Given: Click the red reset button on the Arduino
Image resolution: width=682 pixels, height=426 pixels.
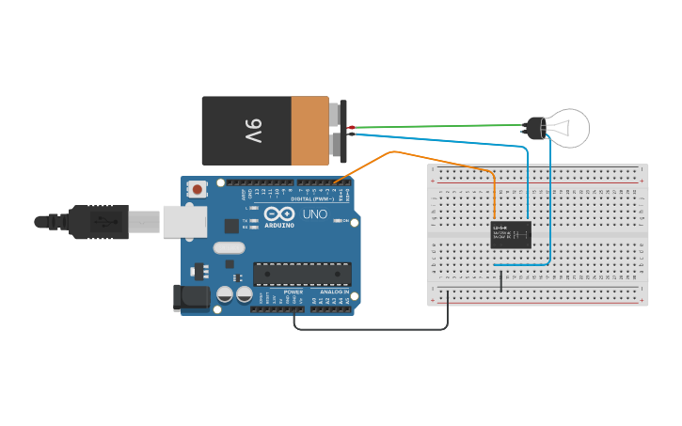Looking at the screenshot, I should point(198,189).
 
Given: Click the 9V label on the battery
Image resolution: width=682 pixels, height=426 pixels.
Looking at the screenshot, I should point(253,130).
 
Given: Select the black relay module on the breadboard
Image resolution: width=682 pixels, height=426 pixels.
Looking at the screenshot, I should point(511,234).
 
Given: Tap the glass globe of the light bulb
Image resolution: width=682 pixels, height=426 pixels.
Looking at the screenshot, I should point(569,127).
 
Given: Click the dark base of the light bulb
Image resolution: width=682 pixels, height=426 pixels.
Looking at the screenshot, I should point(534,128).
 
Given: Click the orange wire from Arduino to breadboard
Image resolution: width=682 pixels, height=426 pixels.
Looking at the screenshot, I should point(395,152).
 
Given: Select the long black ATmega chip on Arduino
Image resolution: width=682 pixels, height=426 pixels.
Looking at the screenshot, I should point(302,274).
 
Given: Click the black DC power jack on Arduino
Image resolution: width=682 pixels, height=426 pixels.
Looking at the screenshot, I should point(194,298).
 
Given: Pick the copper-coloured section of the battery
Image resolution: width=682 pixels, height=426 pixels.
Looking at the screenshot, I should point(309,130).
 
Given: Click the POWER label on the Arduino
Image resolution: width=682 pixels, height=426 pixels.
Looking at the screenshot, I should point(293,292).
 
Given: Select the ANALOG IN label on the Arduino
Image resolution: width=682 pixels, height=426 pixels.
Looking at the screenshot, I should point(334,292).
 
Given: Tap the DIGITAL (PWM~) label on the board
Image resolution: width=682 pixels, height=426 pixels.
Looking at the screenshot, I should point(314,198).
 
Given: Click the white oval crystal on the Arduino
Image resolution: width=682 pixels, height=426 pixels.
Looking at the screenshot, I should point(229,248).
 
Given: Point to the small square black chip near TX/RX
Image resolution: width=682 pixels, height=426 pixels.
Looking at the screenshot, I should point(231,226).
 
